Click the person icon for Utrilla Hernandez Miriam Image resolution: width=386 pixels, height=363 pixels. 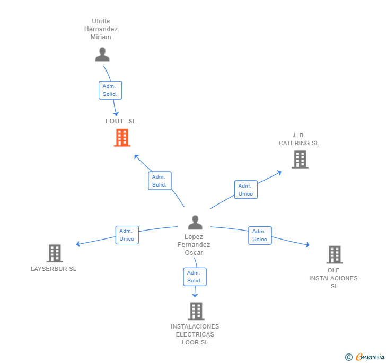click(102, 55)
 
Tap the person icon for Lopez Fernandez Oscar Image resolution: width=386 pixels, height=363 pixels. click(195, 223)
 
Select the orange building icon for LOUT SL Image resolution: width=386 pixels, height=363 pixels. click(122, 138)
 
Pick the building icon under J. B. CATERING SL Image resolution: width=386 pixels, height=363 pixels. click(300, 160)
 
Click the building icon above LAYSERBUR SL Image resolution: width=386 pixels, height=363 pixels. click(55, 253)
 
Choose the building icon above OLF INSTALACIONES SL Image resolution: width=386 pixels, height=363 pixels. click(335, 254)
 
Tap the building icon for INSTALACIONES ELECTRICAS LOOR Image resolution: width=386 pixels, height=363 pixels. click(196, 311)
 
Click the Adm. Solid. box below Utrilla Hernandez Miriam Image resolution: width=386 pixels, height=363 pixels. click(110, 90)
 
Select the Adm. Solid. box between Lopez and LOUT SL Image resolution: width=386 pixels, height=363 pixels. click(160, 181)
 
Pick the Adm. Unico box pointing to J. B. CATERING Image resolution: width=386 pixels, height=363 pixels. click(246, 190)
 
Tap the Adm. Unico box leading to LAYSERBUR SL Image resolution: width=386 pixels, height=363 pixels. click(127, 235)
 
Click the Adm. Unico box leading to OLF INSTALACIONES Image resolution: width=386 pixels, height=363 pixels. click(260, 235)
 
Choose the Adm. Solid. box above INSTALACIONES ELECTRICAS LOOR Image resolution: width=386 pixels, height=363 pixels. click(195, 277)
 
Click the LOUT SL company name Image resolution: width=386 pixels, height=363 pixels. click(121, 121)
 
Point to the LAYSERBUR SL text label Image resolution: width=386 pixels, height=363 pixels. click(54, 269)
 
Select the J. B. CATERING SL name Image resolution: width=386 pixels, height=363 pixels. click(299, 139)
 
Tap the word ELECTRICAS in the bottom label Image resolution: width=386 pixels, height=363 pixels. click(195, 334)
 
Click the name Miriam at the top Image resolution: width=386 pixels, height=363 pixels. click(101, 37)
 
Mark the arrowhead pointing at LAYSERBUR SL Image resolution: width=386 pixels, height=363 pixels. click(78, 244)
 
